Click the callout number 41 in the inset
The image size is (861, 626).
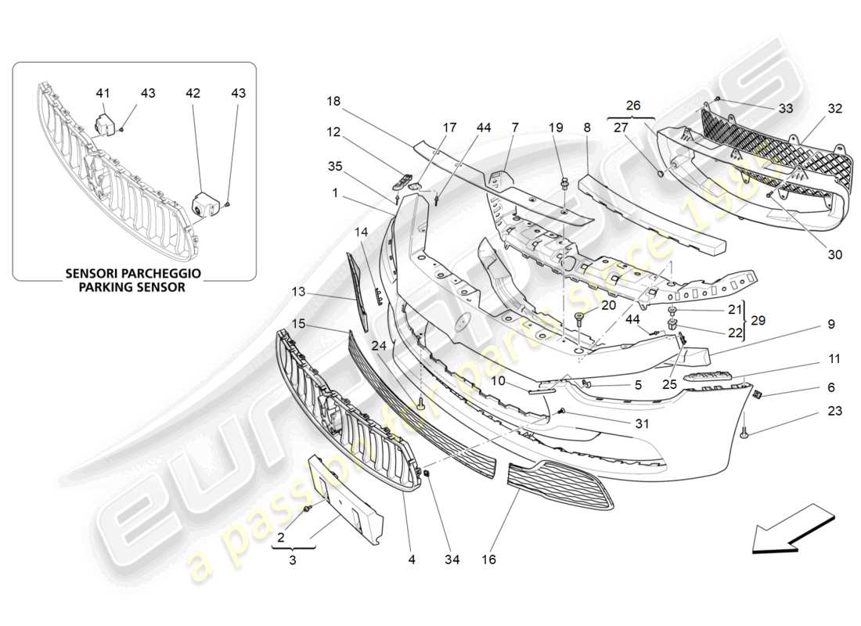(103, 93)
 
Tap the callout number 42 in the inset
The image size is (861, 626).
(193, 93)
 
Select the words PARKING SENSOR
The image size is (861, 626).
(134, 286)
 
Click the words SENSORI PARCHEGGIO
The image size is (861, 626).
(134, 273)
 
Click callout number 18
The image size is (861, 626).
(334, 101)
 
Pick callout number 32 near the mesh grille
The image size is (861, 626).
(834, 109)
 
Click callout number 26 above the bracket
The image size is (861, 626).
(632, 104)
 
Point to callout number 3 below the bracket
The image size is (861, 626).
(293, 560)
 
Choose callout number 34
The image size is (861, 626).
(452, 559)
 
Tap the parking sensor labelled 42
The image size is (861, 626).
(205, 206)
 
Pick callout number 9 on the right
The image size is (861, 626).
(831, 323)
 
